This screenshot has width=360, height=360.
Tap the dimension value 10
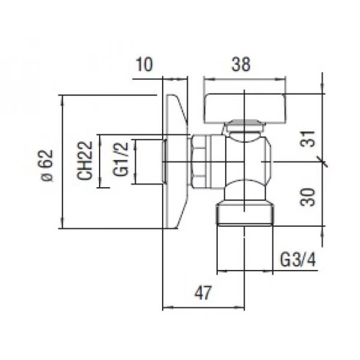tap(146, 64)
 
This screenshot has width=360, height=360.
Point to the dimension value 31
tap(308, 140)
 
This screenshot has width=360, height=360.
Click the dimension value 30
tap(308, 195)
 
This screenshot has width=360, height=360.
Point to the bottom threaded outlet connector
tap(245, 215)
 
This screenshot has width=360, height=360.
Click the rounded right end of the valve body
tap(268, 163)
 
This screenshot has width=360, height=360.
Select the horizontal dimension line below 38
tap(244, 78)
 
